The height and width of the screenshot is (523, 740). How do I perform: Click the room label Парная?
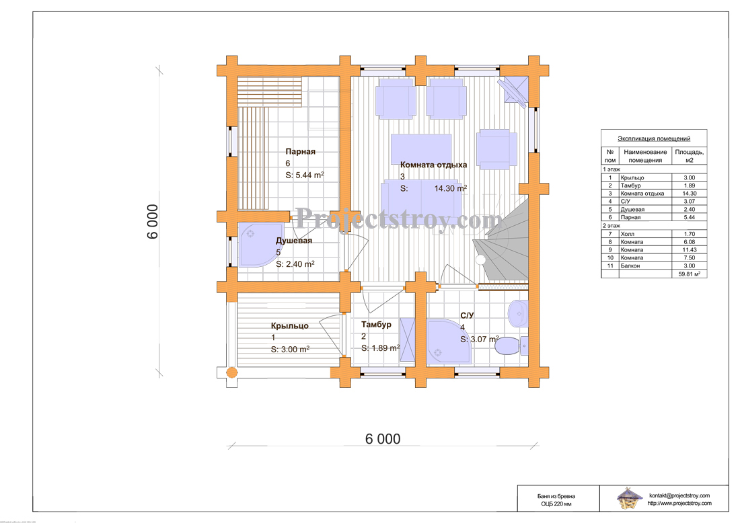point(300,151)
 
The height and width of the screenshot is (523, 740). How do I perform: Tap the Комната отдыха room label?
point(433,165)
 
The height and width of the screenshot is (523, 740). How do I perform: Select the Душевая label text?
point(293,241)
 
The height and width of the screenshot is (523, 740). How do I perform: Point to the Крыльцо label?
point(289,326)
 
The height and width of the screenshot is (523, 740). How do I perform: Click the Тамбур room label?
point(376,325)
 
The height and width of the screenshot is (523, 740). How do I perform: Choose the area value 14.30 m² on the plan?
point(450,188)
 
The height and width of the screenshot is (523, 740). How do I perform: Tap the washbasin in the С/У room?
point(518,313)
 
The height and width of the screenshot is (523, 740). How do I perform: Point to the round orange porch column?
point(231,373)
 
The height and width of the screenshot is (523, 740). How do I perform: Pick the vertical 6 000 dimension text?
point(153,222)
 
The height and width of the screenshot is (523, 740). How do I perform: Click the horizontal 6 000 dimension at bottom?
point(383,439)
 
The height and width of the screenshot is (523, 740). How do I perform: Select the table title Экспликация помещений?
point(654,138)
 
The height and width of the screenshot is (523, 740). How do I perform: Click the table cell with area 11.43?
point(689,250)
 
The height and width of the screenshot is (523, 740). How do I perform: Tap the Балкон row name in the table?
point(630,266)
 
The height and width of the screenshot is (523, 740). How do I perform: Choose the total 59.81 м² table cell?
point(689,274)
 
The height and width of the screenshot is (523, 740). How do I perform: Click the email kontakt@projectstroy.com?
point(679,495)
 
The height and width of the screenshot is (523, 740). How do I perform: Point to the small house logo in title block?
point(630,498)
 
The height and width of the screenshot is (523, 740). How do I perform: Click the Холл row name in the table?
point(627,234)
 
